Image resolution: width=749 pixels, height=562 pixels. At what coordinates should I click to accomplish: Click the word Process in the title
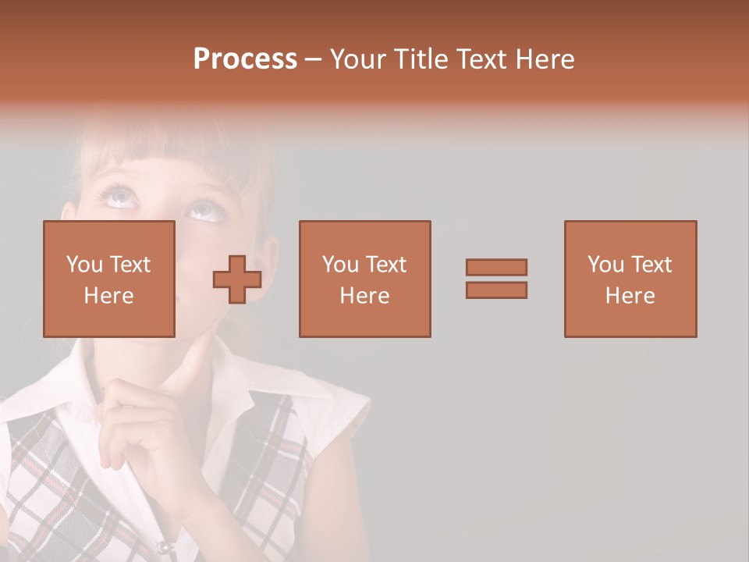click(245, 59)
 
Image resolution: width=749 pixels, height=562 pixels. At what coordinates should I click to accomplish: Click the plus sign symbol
click(237, 279)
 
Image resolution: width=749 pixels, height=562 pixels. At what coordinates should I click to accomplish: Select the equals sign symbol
click(496, 279)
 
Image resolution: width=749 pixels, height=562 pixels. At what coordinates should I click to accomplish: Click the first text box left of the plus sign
click(109, 279)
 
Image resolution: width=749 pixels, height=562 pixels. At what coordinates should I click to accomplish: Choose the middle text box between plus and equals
click(364, 279)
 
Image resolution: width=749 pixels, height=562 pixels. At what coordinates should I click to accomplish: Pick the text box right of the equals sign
click(630, 279)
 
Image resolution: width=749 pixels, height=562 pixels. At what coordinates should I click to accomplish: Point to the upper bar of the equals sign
click(496, 267)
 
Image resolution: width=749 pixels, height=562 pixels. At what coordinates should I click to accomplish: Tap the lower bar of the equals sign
click(496, 290)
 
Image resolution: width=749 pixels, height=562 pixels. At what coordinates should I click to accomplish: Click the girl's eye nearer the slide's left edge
click(121, 197)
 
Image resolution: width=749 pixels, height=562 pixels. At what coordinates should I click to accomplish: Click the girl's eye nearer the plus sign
click(202, 209)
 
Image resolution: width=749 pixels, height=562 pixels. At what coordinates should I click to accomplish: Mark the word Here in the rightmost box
click(630, 296)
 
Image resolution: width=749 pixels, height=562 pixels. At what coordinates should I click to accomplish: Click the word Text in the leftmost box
click(130, 265)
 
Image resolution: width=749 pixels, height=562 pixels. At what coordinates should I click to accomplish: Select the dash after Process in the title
click(314, 59)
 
